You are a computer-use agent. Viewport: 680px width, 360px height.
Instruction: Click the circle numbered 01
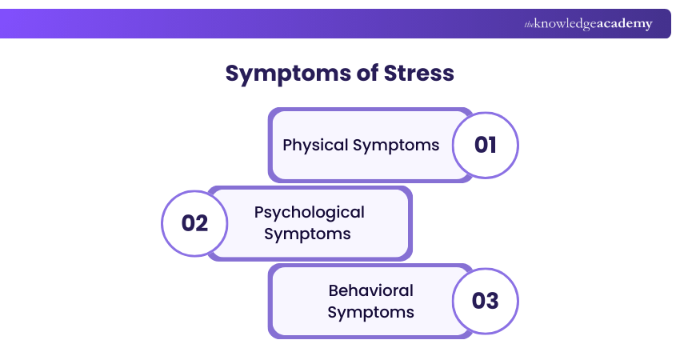[x=486, y=145]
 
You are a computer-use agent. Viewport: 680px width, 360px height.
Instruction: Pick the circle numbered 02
[x=194, y=222]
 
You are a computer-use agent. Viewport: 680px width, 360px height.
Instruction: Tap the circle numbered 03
[x=486, y=301]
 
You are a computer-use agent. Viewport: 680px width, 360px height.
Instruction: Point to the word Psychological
[x=309, y=212]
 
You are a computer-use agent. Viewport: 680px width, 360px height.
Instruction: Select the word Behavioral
[x=370, y=290]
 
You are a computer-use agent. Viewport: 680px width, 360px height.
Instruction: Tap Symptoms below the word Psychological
[x=307, y=234]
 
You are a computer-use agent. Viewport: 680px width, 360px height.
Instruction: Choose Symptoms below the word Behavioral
[x=370, y=311]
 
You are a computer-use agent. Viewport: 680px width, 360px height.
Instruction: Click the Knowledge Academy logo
[x=588, y=24]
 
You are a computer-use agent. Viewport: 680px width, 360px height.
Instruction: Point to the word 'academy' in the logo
[x=625, y=24]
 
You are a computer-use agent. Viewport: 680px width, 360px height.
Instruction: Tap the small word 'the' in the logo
[x=529, y=25]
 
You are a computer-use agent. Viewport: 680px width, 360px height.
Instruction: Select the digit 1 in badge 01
[x=493, y=145]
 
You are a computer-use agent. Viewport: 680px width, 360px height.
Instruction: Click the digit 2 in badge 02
[x=202, y=222]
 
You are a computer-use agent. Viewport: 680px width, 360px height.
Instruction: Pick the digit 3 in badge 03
[x=493, y=301]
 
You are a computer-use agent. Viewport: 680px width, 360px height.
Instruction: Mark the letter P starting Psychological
[x=259, y=212]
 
